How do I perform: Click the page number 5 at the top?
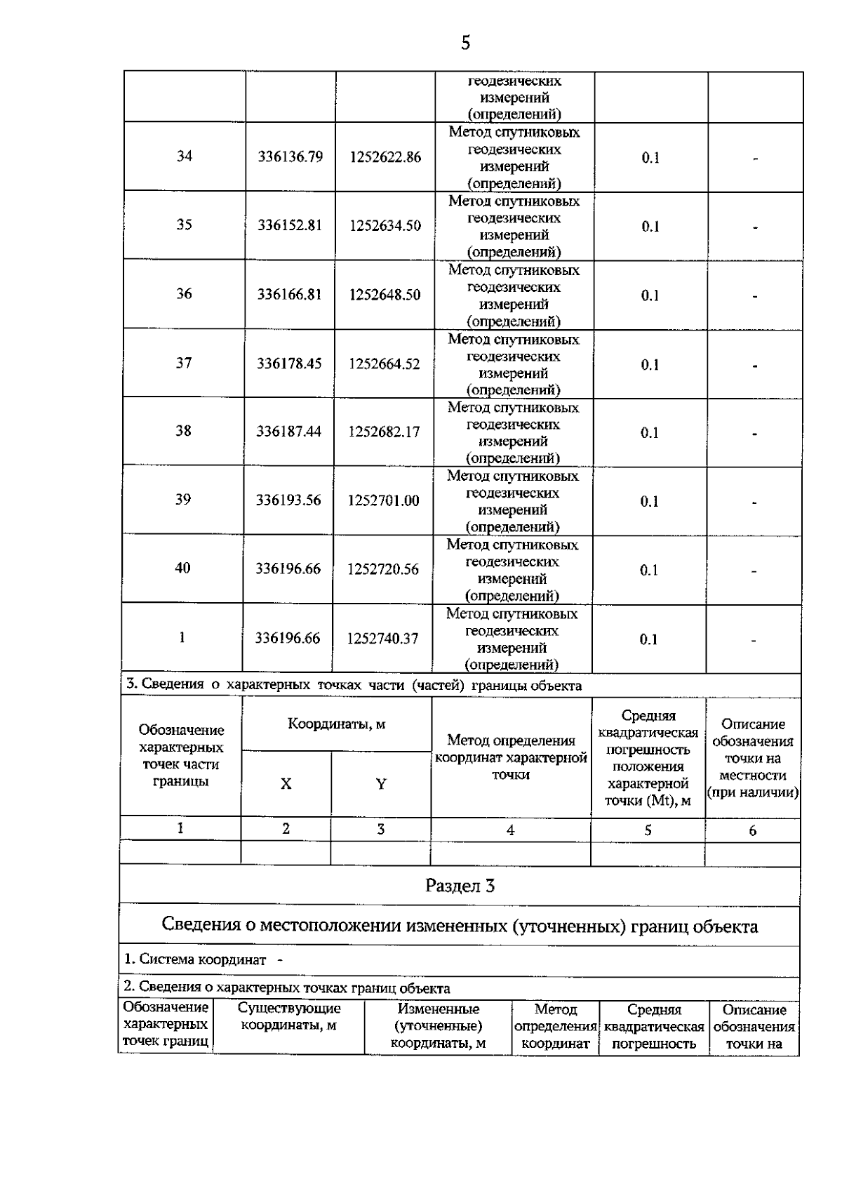(465, 44)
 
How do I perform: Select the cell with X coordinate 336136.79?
(290, 157)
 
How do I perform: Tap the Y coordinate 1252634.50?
(385, 226)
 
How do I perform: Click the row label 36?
(184, 293)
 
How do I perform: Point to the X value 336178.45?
(289, 364)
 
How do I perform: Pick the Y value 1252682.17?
(384, 432)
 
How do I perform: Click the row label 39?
(183, 499)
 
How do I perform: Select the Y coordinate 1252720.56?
(383, 569)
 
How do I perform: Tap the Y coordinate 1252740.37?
(382, 639)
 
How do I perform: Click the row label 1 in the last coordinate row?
(182, 637)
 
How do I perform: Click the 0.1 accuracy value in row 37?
(650, 365)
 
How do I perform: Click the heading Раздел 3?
(460, 886)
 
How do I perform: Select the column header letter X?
(286, 784)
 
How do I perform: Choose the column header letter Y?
(380, 784)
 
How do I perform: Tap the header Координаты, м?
(336, 724)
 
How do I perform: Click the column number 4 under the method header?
(510, 830)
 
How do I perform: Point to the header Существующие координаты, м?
(289, 1017)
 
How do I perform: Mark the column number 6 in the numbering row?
(752, 831)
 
